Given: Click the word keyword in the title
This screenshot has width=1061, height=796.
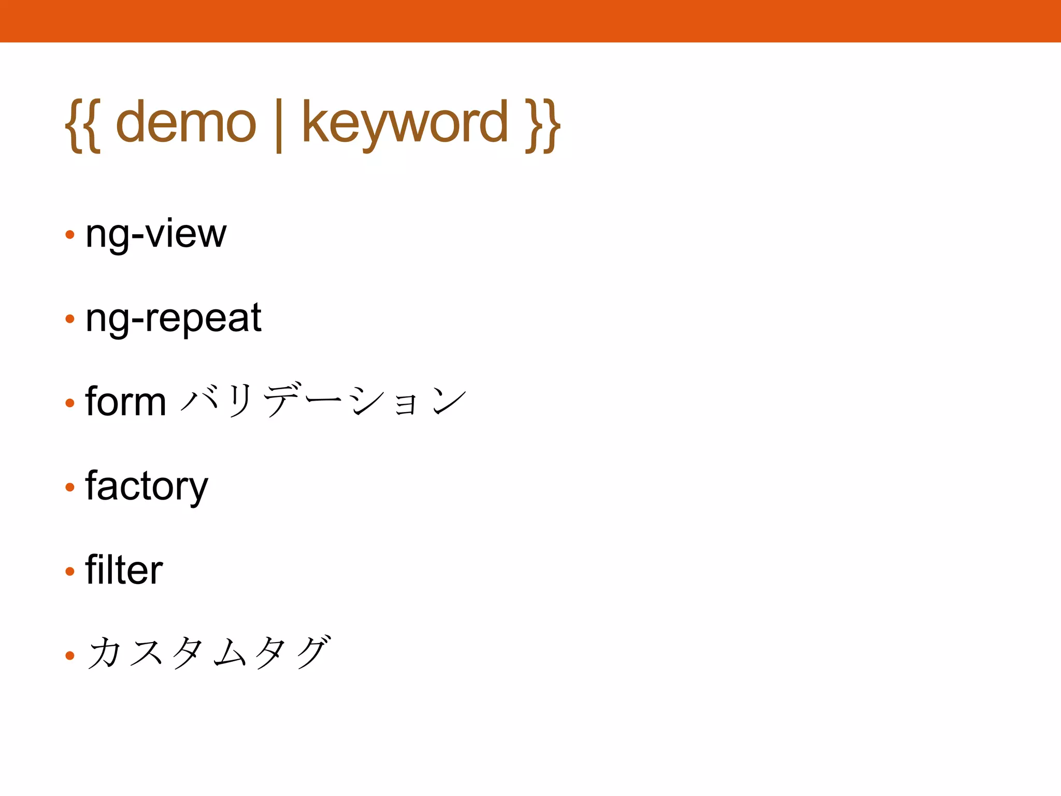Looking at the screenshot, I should (x=405, y=123).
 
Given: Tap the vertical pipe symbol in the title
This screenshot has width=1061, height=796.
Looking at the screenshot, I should (x=279, y=125).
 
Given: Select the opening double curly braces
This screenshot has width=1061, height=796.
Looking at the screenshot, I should (x=83, y=125).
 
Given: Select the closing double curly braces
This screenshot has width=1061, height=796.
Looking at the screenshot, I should (x=542, y=125).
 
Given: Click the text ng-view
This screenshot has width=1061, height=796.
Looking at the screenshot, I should (x=156, y=234).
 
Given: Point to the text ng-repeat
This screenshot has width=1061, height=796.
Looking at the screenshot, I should (x=174, y=318).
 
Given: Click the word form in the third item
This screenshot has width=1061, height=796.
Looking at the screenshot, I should (x=125, y=402).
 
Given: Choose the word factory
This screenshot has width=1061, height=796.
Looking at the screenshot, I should (x=147, y=487).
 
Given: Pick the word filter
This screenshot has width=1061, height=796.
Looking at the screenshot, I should (x=124, y=570).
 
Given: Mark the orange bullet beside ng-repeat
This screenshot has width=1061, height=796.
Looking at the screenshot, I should (x=70, y=319).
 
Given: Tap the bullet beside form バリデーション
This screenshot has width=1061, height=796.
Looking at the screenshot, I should (x=70, y=403).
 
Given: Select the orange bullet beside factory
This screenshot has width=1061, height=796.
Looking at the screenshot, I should (x=70, y=487).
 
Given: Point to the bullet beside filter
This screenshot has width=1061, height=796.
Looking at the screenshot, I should (x=70, y=571).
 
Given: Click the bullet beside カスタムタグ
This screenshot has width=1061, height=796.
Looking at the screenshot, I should (x=70, y=656).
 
